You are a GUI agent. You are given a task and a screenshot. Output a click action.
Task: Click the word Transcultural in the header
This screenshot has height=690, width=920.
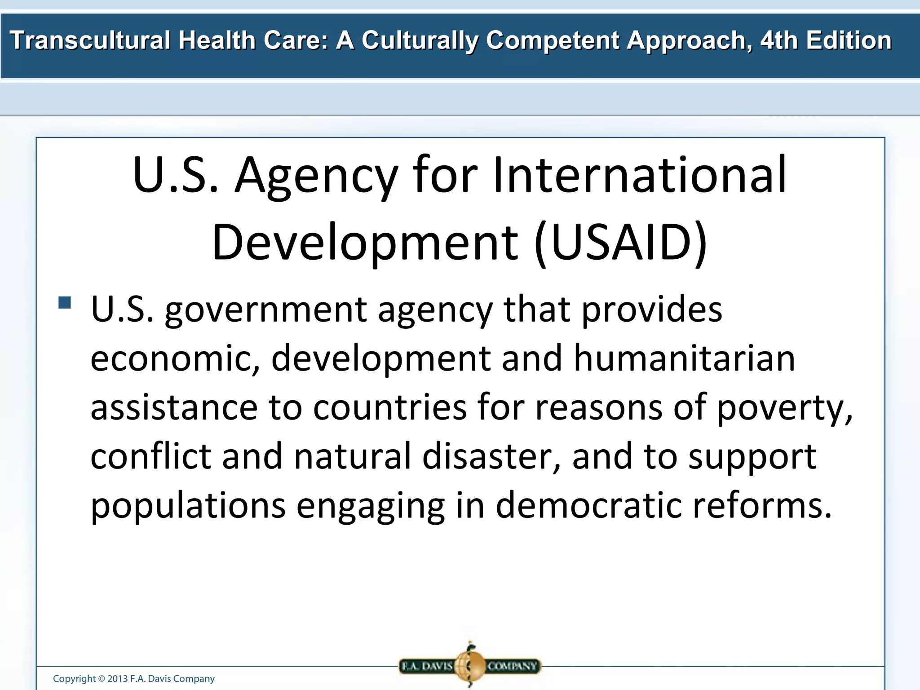tap(90, 40)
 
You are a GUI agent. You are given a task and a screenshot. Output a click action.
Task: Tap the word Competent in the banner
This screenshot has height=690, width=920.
tap(552, 40)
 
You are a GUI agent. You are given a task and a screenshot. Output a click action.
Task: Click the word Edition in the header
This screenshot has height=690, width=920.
tap(849, 40)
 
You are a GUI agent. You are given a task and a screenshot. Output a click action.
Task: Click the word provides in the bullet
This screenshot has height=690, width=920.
tap(652, 311)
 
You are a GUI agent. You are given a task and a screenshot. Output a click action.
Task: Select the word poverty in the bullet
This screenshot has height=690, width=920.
tap(784, 408)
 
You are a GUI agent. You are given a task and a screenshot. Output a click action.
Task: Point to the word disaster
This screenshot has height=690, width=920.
tap(491, 456)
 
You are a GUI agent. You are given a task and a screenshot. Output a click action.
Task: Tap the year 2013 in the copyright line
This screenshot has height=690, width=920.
tap(117, 679)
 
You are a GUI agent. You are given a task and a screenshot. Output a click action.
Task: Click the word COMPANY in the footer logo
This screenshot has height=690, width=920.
tap(512, 666)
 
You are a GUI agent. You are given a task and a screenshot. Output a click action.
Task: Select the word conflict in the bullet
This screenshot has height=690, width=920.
tap(151, 456)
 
